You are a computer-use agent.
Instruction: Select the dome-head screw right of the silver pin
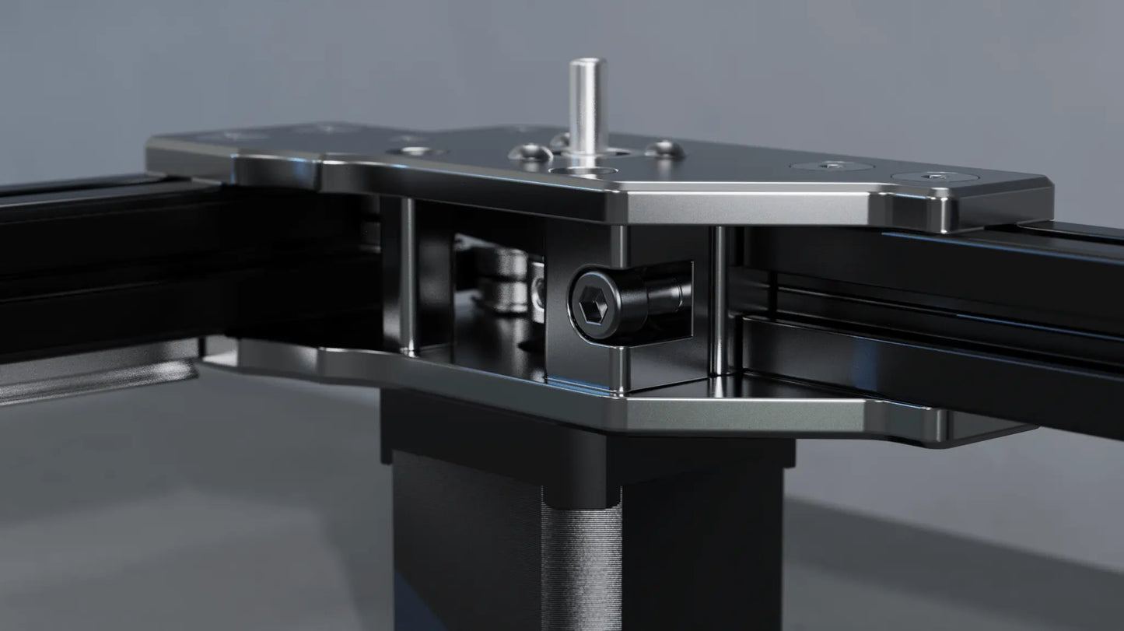tap(662, 149)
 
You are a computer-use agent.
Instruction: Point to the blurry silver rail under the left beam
tap(93, 377)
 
